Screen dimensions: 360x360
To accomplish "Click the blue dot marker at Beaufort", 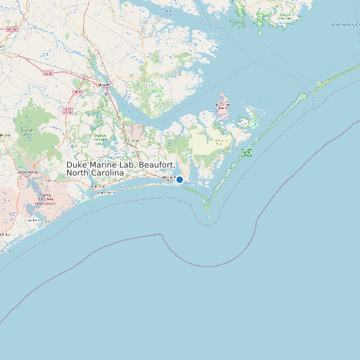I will (x=179, y=179).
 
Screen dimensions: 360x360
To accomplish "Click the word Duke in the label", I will (x=77, y=165).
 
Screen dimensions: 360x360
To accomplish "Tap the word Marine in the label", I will (x=106, y=165).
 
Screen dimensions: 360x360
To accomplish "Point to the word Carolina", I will (x=108, y=173).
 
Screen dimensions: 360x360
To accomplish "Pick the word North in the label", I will (x=78, y=173).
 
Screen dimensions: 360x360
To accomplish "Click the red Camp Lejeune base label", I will (x=45, y=199).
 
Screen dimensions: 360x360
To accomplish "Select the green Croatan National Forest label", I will (x=100, y=137).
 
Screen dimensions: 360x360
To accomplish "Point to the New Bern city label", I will (x=103, y=86).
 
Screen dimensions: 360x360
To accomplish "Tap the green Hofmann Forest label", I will (x=27, y=132).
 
